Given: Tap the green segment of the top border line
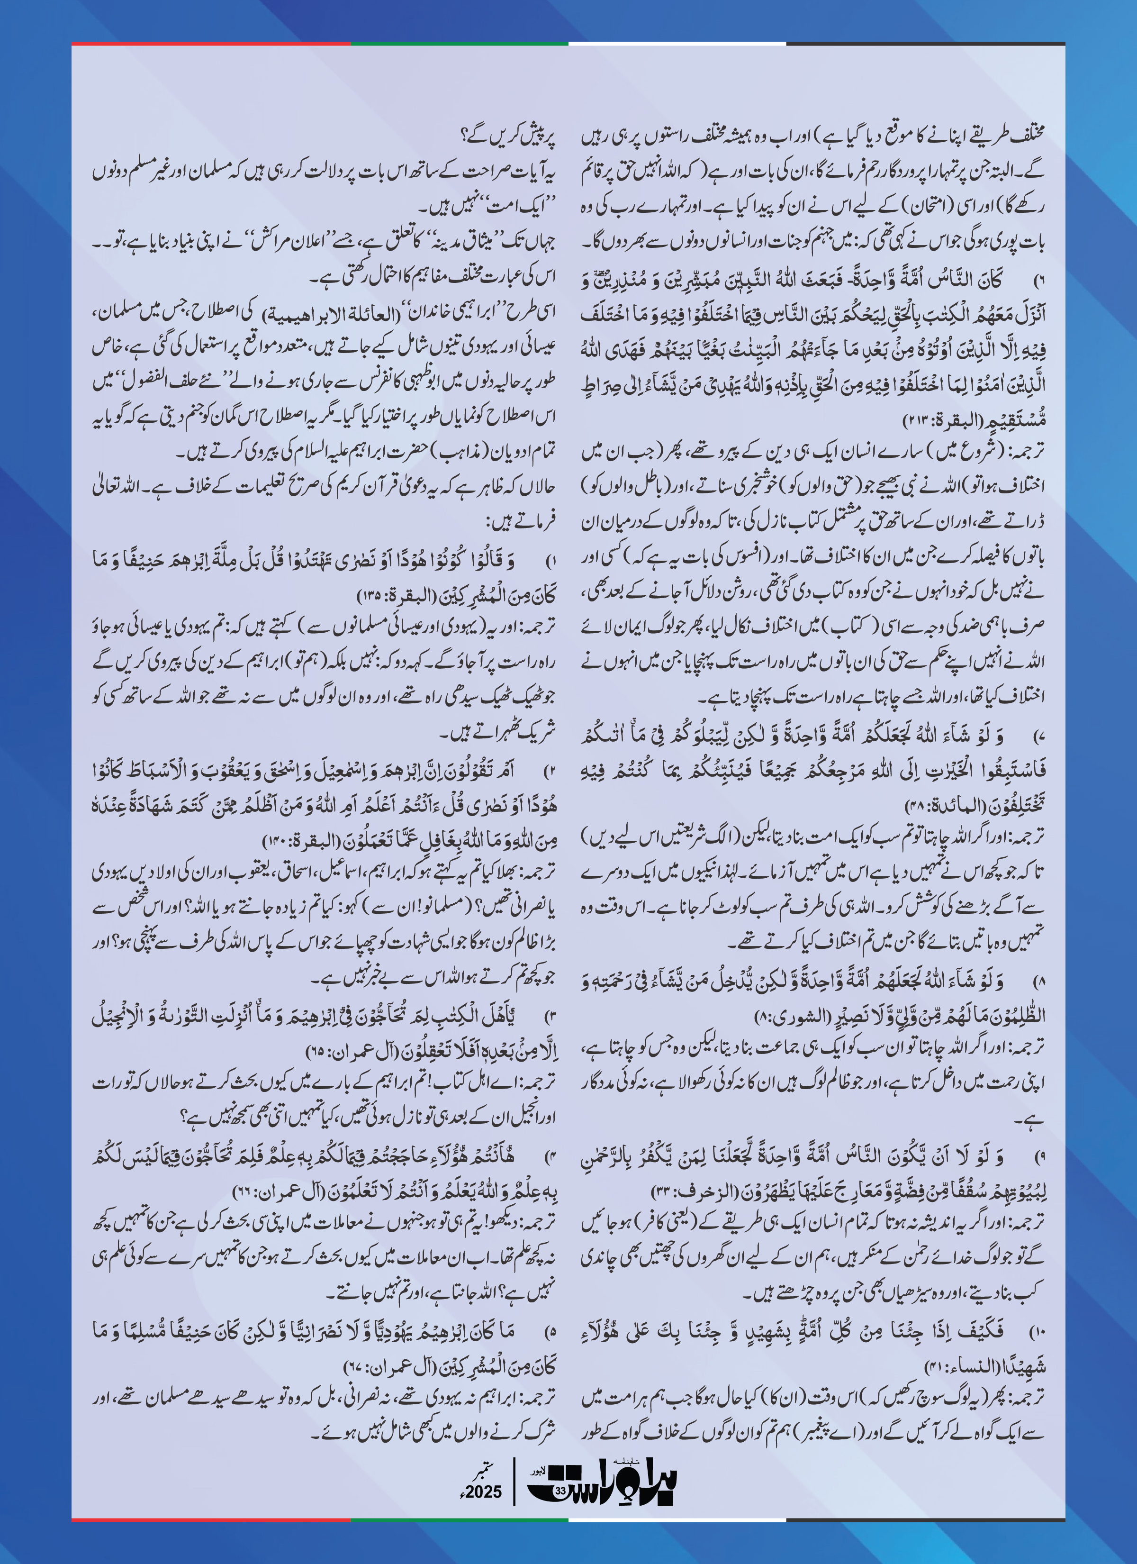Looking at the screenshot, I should (x=459, y=44).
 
